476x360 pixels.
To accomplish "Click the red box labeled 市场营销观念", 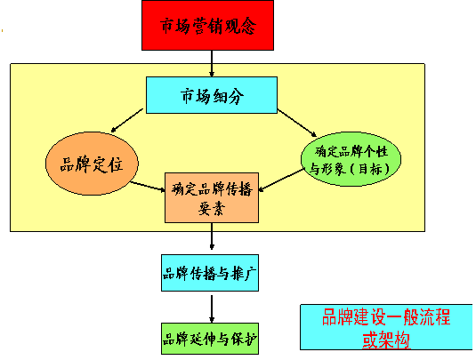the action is point(207,25).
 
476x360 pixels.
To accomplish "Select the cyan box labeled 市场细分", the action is point(212,95).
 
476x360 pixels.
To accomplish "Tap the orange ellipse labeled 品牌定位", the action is point(92,164).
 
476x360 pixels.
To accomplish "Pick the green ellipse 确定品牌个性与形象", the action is point(351,159).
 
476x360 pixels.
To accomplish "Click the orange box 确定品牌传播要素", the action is point(212,197).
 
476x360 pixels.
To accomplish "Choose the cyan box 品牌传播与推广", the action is point(210,273).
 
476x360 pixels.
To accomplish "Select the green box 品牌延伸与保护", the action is point(210,339).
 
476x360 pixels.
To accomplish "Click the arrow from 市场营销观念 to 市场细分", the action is point(212,63).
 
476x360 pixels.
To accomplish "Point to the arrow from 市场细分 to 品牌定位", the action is point(127,120).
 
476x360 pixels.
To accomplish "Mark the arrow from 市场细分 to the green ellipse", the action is point(297,124).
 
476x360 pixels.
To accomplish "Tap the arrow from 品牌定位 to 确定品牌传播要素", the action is point(148,187).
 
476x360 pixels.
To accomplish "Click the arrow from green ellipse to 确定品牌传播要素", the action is point(281,180).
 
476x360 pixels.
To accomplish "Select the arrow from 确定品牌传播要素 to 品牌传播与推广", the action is point(212,236).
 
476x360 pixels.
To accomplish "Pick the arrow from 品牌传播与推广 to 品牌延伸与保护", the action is point(212,308).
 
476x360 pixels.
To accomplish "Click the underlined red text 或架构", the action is point(386,340).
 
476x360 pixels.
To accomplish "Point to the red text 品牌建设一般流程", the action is point(386,317).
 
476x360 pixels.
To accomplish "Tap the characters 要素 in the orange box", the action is point(212,209).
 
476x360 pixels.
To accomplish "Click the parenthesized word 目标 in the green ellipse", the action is point(370,169).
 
